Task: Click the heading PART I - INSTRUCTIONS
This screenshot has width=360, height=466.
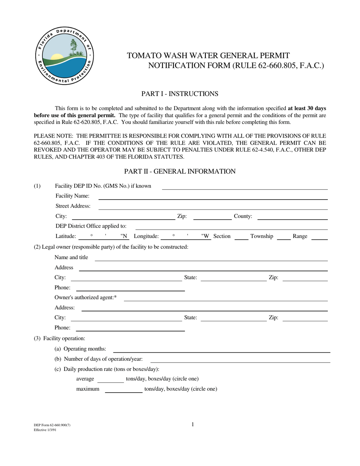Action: point(180,94)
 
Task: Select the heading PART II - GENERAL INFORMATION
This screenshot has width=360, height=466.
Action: point(180,172)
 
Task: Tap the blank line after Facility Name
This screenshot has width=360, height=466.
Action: point(213,196)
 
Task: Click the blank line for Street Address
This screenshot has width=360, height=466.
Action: point(213,206)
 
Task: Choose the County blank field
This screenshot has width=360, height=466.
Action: point(292,217)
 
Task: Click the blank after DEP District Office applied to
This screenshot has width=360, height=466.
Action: point(232,227)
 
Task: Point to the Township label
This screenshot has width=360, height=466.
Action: point(261,236)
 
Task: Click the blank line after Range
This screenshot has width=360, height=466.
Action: point(319,237)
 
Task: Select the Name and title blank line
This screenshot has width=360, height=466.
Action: point(211,258)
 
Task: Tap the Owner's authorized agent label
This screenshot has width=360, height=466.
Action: point(86,298)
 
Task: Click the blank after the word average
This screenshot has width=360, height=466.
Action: point(111,380)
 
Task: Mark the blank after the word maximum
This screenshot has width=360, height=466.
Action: point(123,390)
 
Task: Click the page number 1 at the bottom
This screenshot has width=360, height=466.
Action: point(193,425)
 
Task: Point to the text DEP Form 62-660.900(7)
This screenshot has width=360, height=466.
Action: point(52,425)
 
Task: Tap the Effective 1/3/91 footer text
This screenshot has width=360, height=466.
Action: point(45,430)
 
